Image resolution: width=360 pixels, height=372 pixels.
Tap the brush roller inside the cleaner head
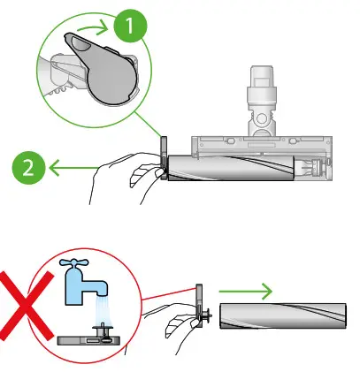click(230, 165)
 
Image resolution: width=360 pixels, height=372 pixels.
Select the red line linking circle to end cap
click(168, 292)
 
